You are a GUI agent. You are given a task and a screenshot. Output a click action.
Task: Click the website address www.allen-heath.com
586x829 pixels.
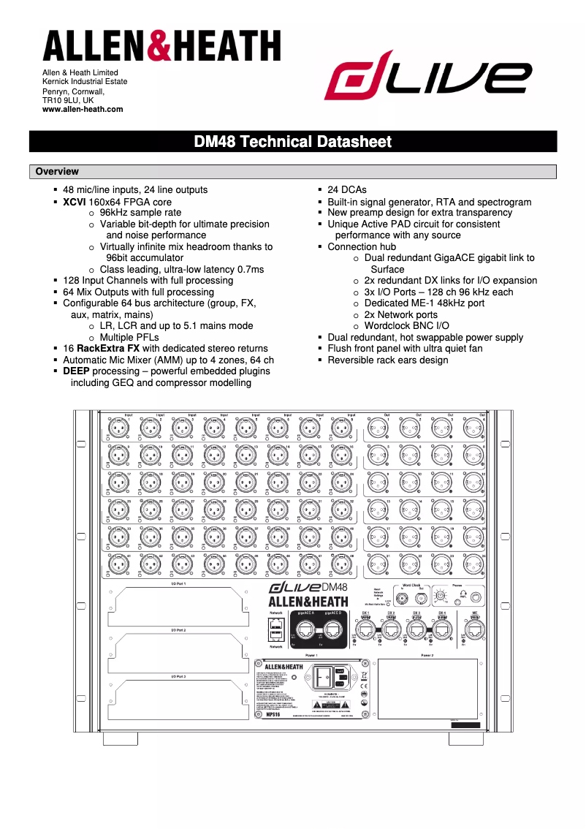83,110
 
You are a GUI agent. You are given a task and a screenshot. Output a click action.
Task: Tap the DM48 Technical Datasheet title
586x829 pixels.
292,142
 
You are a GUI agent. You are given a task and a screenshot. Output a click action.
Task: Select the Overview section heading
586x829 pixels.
57,172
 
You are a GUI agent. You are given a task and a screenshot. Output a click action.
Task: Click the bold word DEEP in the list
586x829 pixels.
76,371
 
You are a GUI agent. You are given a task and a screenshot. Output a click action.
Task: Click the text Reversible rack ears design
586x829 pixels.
388,360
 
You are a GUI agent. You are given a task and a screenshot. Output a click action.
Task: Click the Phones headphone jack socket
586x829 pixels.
477,597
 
